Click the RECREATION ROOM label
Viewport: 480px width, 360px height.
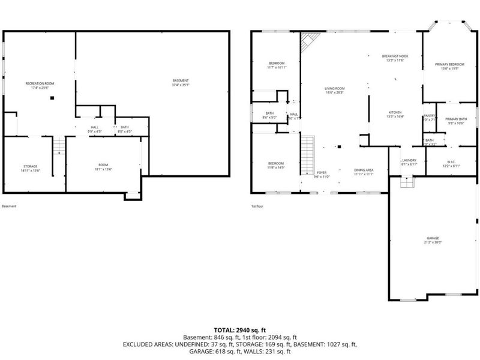click(x=40, y=85)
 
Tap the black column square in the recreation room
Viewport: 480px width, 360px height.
click(x=53, y=98)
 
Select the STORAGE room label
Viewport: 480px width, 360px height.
click(x=31, y=167)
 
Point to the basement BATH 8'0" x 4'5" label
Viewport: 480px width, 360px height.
click(x=124, y=128)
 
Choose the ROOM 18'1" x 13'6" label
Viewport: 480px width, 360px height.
click(x=103, y=166)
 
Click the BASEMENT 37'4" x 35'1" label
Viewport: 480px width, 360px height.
click(x=181, y=83)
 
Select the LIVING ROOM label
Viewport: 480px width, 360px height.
click(x=334, y=90)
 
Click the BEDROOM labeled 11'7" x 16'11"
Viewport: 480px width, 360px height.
click(x=276, y=65)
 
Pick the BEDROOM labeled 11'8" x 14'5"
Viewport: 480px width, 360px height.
click(x=276, y=166)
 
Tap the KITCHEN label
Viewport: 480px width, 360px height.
click(x=394, y=114)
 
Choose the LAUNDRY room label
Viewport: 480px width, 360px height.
click(x=409, y=162)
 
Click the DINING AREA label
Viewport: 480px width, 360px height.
click(x=364, y=172)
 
